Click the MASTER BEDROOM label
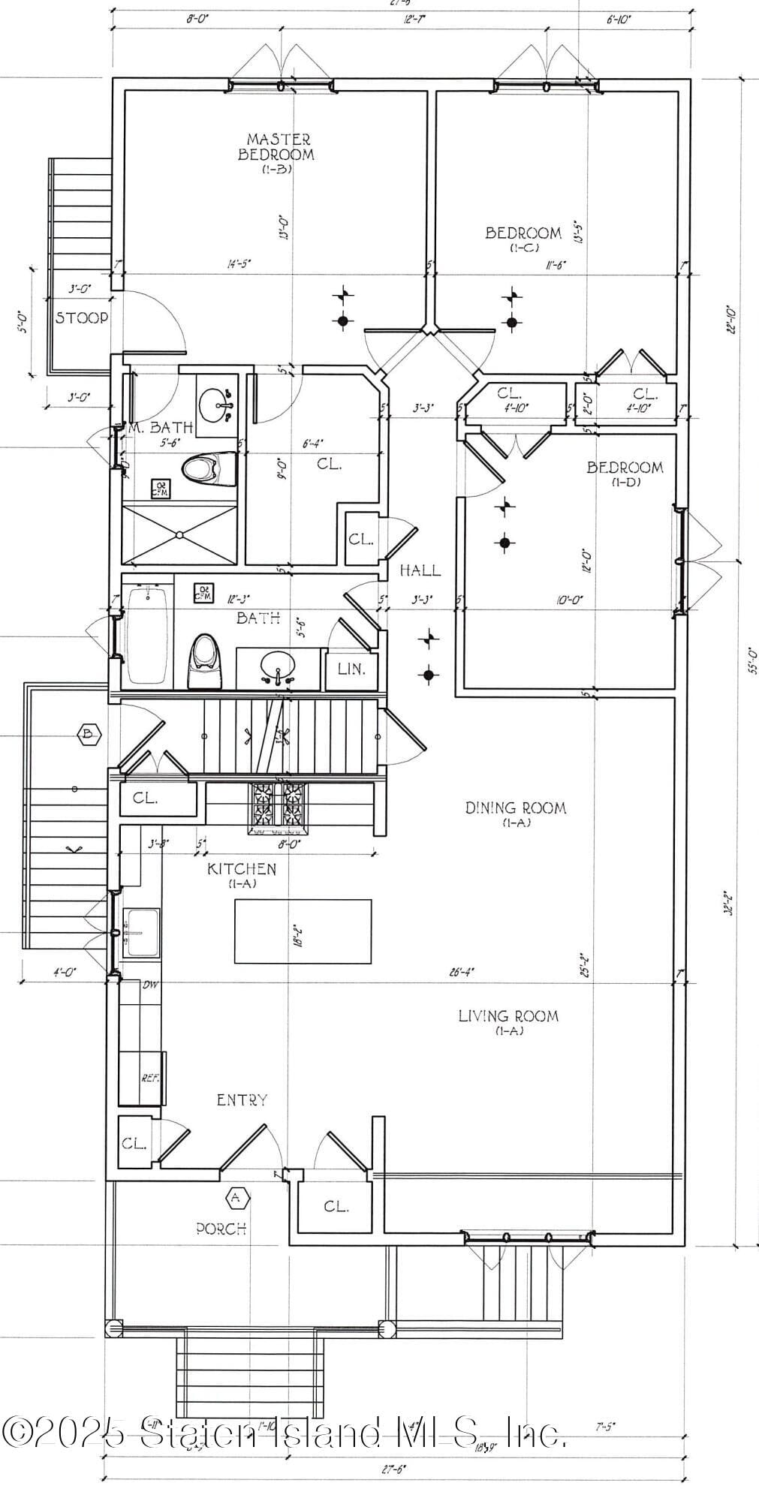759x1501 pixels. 276,147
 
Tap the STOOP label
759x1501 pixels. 82,317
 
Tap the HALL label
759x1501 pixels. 420,570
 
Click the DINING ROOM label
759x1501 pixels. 515,808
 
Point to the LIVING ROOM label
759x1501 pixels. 508,1016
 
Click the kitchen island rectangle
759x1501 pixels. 303,931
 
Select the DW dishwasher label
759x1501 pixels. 150,985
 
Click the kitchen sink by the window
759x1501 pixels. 141,932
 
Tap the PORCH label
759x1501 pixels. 221,1229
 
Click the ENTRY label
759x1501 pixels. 242,1100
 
